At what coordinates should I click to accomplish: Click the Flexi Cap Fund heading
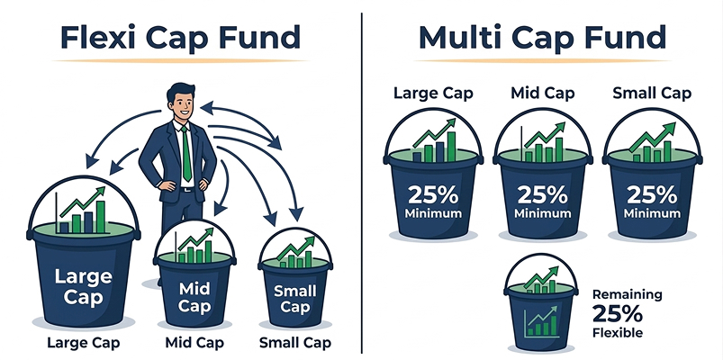coord(180,38)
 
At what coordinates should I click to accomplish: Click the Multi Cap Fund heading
coord(542,38)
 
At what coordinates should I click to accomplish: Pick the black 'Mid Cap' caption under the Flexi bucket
coord(194,342)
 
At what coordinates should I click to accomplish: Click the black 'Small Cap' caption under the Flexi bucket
coord(294,342)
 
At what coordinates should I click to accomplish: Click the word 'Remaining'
coord(627,294)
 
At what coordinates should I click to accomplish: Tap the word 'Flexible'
coord(619,333)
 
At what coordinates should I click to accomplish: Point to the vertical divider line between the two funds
coord(362,180)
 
